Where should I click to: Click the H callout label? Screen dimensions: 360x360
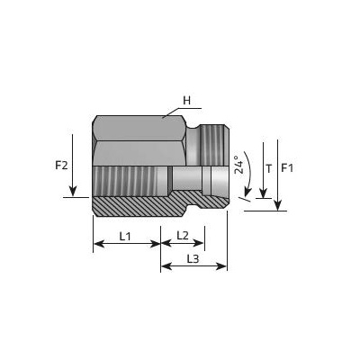pyautogui.click(x=187, y=101)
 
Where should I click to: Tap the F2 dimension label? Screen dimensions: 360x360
pyautogui.click(x=61, y=166)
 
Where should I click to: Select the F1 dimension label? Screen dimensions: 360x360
pyautogui.click(x=287, y=168)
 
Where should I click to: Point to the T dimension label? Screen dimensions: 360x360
pyautogui.click(x=269, y=169)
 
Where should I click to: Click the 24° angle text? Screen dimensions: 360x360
pyautogui.click(x=238, y=165)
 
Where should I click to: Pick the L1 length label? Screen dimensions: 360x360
pyautogui.click(x=125, y=237)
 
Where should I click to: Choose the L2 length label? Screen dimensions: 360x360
pyautogui.click(x=183, y=236)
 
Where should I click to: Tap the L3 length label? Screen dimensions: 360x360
pyautogui.click(x=193, y=259)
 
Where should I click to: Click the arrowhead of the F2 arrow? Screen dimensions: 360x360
pyautogui.click(x=73, y=191)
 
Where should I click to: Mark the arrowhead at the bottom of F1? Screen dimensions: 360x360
pyautogui.click(x=278, y=205)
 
